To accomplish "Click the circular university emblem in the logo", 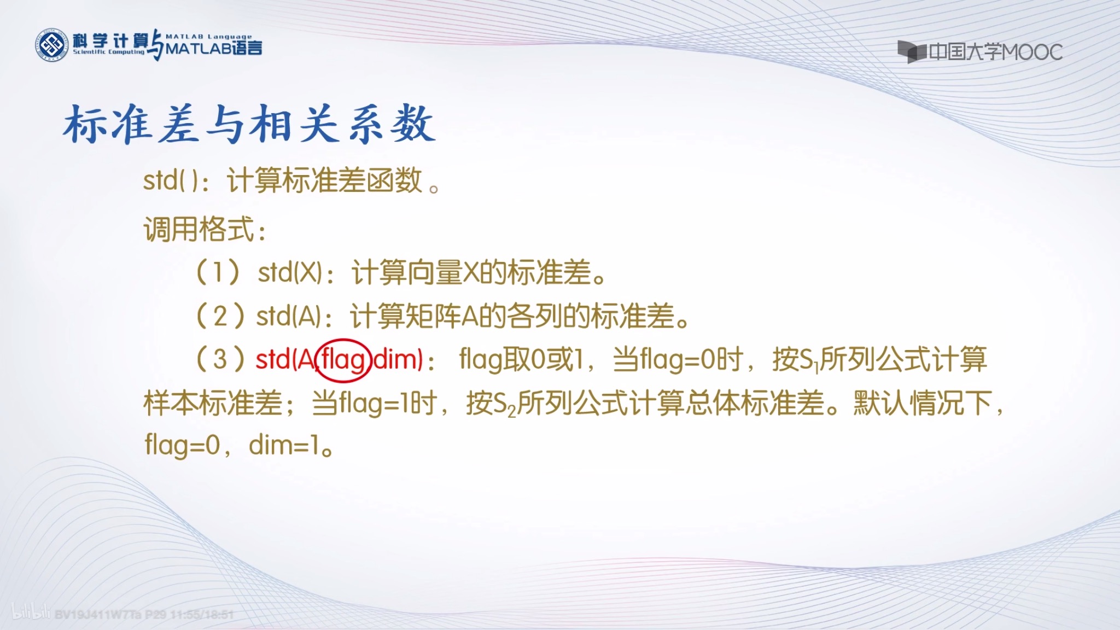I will tap(52, 45).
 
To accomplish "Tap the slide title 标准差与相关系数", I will tap(249, 125).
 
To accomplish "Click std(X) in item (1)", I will tap(290, 272).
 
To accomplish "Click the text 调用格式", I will tap(200, 229).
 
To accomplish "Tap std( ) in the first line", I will tap(171, 180).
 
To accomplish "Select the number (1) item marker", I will tap(218, 272).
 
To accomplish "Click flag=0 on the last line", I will tap(182, 445).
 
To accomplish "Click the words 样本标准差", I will tap(213, 404).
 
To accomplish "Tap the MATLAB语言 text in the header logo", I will tap(214, 49).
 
